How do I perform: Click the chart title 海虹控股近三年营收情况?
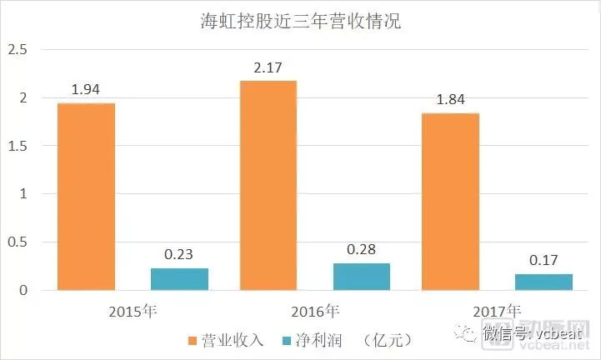tap(301, 21)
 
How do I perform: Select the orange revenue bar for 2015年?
tap(86, 197)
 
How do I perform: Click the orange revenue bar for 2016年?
tap(268, 185)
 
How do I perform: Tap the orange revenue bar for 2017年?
tap(449, 202)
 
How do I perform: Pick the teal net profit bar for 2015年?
tap(179, 279)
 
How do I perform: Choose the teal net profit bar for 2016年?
tap(361, 277)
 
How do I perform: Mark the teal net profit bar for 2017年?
tap(543, 282)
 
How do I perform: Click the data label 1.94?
tap(86, 87)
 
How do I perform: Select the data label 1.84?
tap(449, 97)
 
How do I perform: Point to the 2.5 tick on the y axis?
tap(18, 50)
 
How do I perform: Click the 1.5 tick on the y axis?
tap(18, 147)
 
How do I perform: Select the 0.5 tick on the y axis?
tap(18, 242)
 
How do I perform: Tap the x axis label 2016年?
tap(314, 312)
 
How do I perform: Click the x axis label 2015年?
tap(133, 312)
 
